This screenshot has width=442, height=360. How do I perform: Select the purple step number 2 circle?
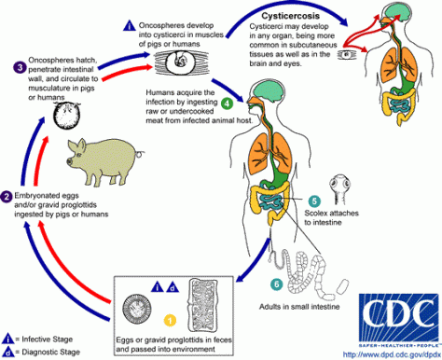(x=7, y=196)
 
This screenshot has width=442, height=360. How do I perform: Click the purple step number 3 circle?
(x=20, y=66)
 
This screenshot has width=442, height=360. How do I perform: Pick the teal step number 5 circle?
(x=313, y=201)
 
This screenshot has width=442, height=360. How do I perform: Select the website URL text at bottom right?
(x=390, y=353)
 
